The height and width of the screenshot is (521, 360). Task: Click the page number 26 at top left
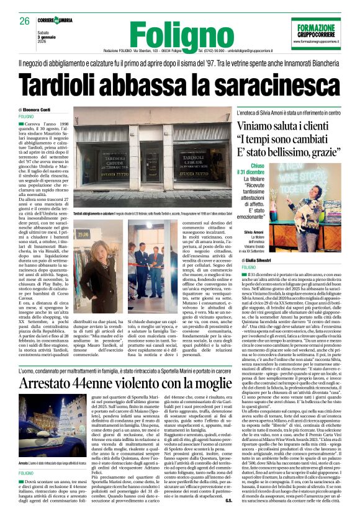pyautogui.click(x=26, y=22)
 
